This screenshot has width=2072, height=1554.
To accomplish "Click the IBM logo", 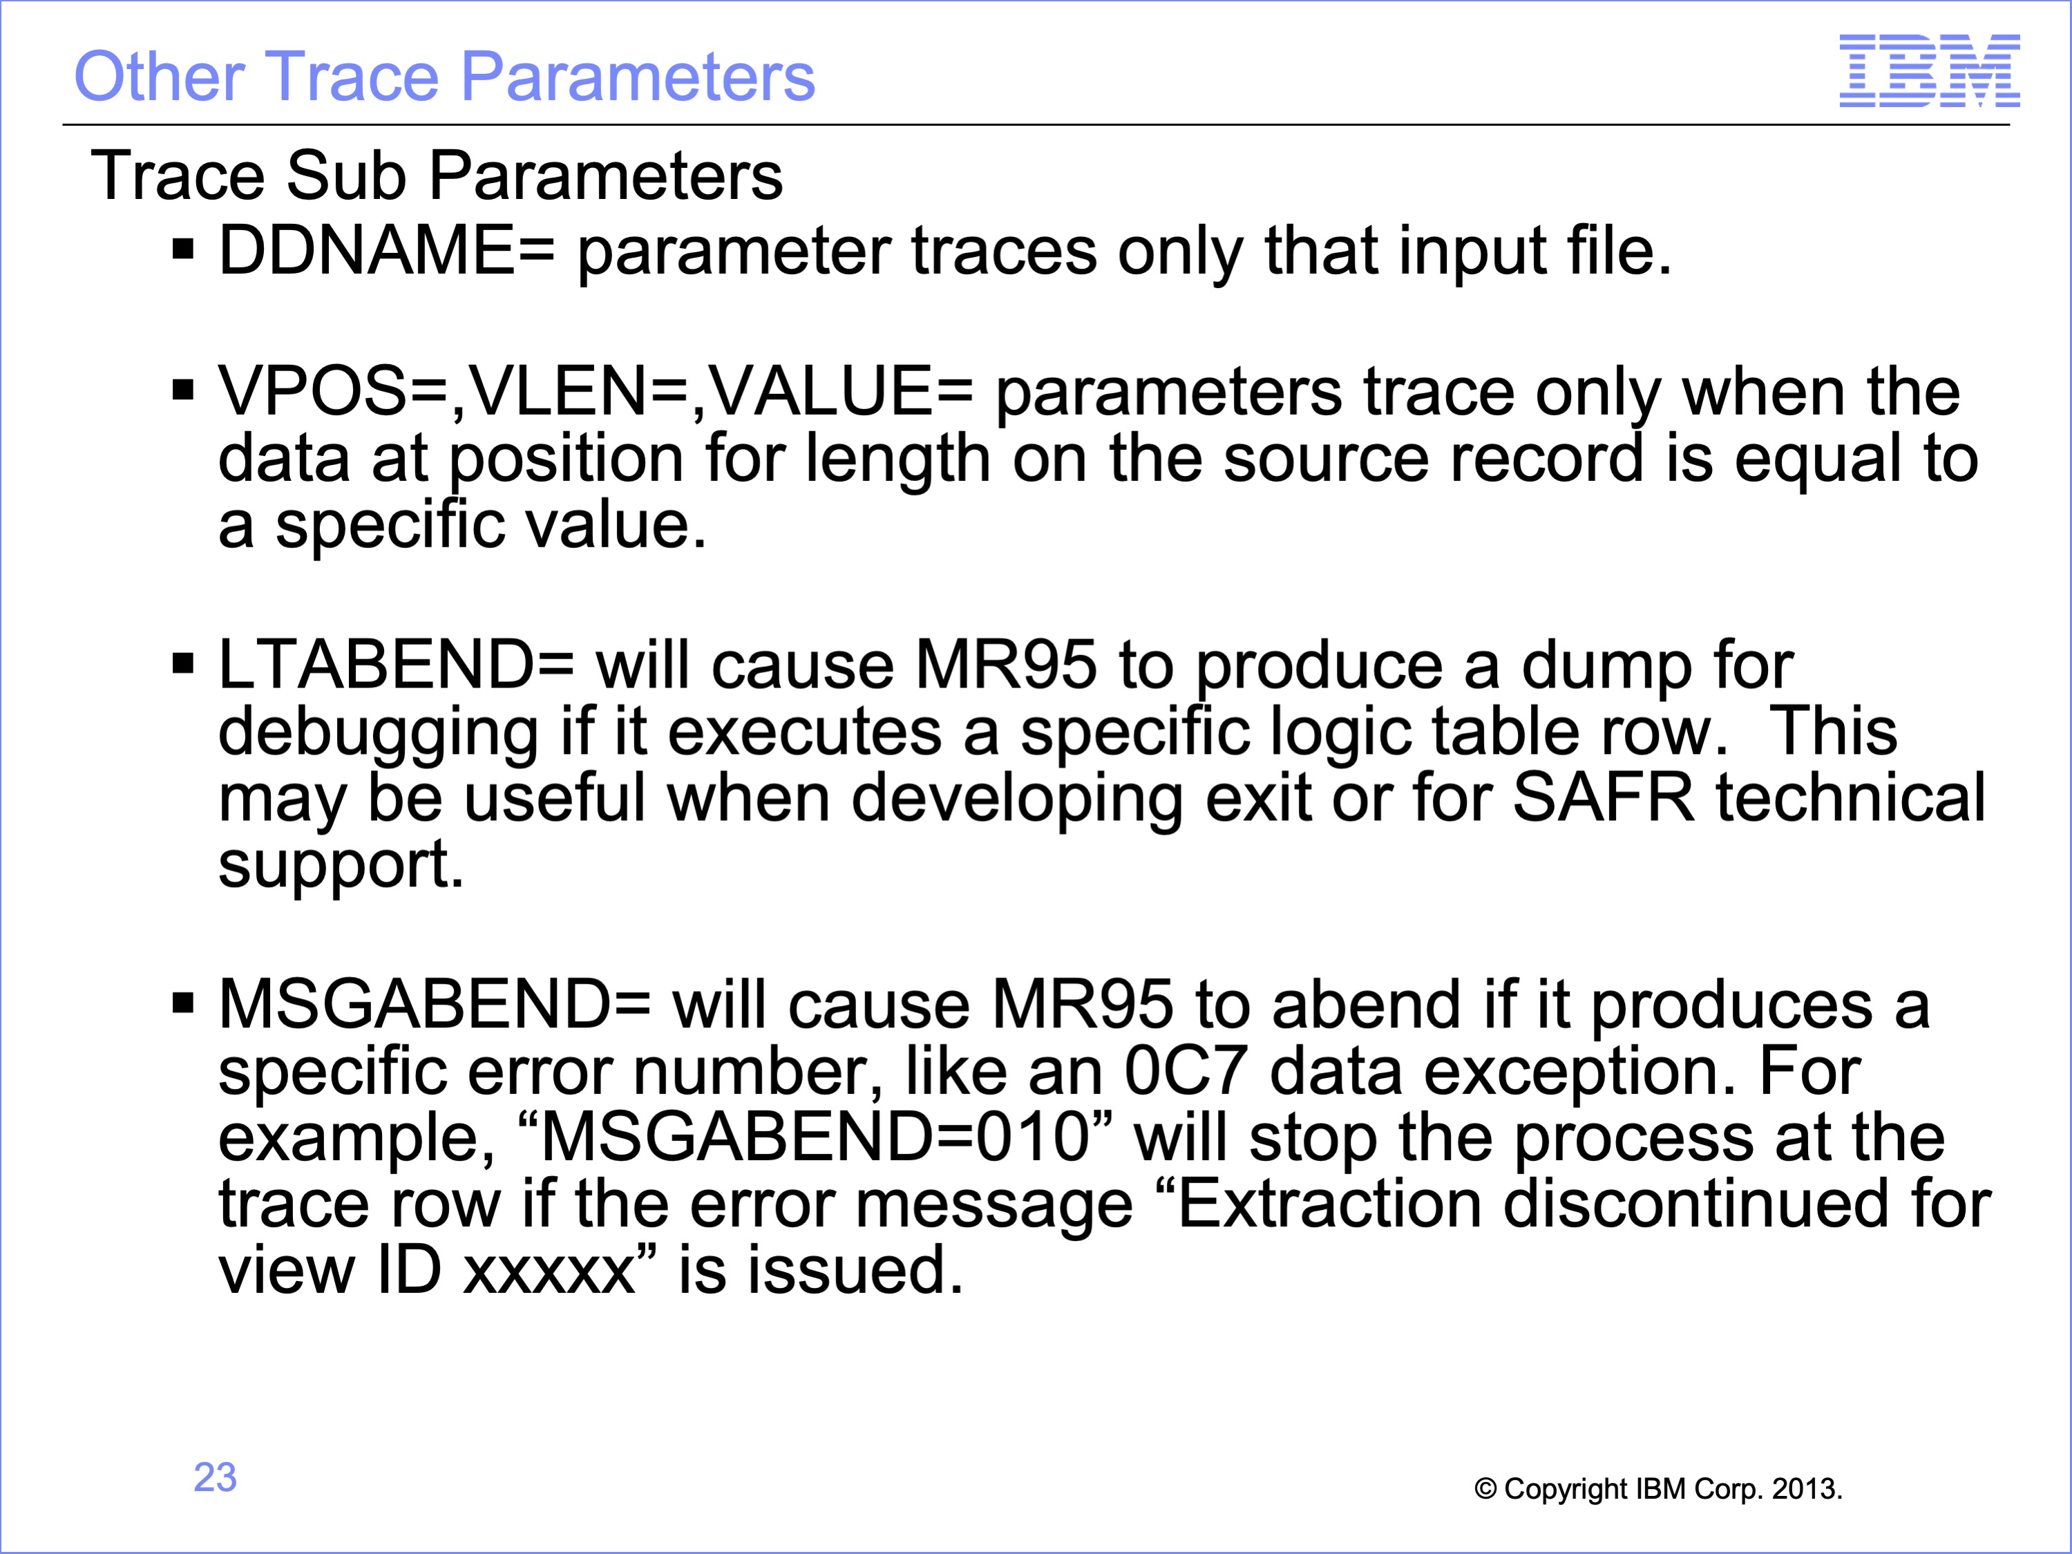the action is [1930, 70].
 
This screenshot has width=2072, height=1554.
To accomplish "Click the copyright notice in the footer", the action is [1658, 1488].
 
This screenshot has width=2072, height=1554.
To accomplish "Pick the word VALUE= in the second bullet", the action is [840, 392].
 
